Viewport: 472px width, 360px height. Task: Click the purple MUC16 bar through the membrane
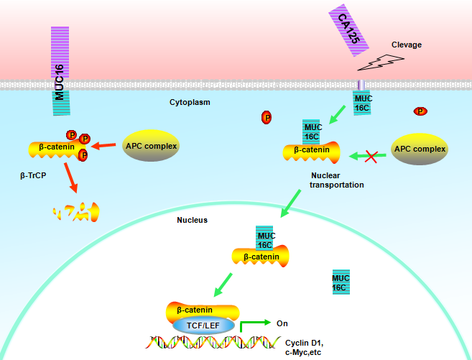pos(61,71)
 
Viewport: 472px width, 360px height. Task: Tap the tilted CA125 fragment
pos(348,33)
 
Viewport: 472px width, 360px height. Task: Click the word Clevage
pos(406,45)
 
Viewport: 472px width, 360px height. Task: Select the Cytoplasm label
pos(190,103)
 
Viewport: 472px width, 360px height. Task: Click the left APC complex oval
pos(151,147)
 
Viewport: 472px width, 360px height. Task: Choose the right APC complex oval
pos(419,150)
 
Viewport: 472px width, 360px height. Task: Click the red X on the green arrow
pos(371,155)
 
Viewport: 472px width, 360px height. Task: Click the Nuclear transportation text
pos(336,180)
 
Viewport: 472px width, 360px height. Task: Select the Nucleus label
pos(192,220)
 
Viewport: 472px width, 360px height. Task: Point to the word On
pos(282,323)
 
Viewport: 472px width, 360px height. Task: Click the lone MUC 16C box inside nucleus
pos(340,282)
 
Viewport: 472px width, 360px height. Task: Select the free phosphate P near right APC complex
pos(420,111)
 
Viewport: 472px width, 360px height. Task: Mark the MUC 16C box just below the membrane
pos(361,103)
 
